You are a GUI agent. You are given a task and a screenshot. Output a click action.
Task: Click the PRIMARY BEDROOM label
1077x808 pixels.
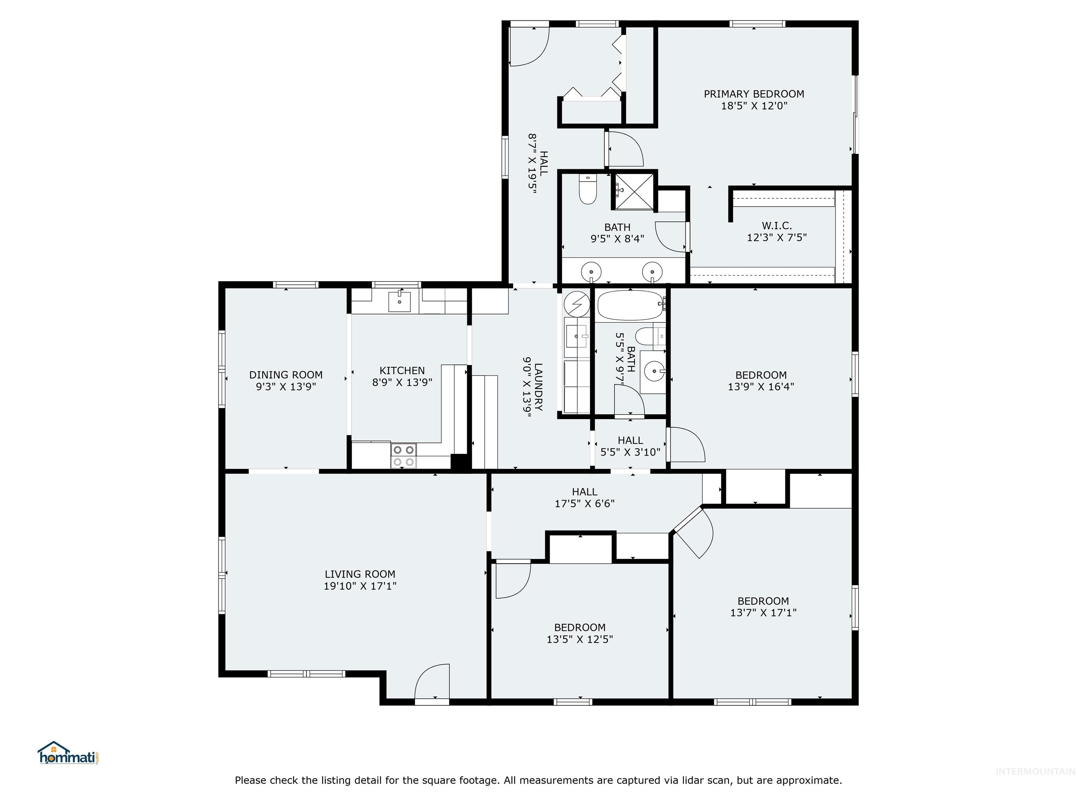[754, 94]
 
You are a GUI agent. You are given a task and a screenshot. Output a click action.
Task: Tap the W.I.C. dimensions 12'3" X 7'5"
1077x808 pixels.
[777, 238]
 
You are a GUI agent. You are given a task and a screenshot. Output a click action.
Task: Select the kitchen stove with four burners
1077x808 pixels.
[404, 456]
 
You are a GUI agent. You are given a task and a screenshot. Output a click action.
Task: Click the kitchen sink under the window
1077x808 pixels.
[399, 302]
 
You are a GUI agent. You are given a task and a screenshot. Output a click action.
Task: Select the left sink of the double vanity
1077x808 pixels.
[591, 271]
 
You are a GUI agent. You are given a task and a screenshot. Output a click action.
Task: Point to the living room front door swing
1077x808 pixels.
[432, 682]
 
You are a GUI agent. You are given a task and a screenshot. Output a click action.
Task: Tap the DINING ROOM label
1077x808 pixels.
[286, 375]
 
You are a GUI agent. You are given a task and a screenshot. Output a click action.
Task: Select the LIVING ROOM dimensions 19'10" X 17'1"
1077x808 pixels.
[360, 586]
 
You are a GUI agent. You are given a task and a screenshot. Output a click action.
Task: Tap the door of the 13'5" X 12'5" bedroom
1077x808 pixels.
[512, 580]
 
